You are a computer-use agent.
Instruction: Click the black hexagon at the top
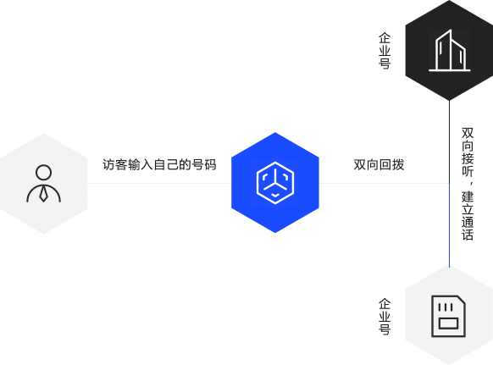click(x=449, y=50)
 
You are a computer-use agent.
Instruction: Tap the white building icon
click(x=450, y=50)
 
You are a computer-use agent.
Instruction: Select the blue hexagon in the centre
click(x=275, y=183)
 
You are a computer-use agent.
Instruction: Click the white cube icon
click(x=275, y=183)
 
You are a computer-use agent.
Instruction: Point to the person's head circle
click(x=43, y=172)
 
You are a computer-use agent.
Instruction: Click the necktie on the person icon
click(x=43, y=194)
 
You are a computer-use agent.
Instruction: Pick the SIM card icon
click(x=448, y=316)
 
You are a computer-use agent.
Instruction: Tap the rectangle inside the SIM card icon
click(x=448, y=324)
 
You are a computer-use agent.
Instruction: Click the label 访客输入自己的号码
click(x=159, y=165)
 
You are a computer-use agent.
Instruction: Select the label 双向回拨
click(x=379, y=165)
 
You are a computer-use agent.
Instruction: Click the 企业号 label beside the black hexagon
click(x=385, y=51)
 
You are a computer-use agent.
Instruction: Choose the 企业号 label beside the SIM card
click(x=385, y=317)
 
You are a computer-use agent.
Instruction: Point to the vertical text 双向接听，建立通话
click(x=468, y=184)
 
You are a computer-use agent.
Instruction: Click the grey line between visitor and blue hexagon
click(x=159, y=183)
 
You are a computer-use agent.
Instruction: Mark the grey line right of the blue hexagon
click(x=384, y=183)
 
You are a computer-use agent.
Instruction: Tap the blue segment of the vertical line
click(x=449, y=225)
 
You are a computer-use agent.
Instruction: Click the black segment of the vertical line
click(x=449, y=142)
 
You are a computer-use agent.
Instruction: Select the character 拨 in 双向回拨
click(x=398, y=165)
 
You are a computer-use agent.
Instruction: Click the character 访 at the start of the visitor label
click(x=108, y=165)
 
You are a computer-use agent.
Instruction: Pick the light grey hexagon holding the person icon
click(x=44, y=184)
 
